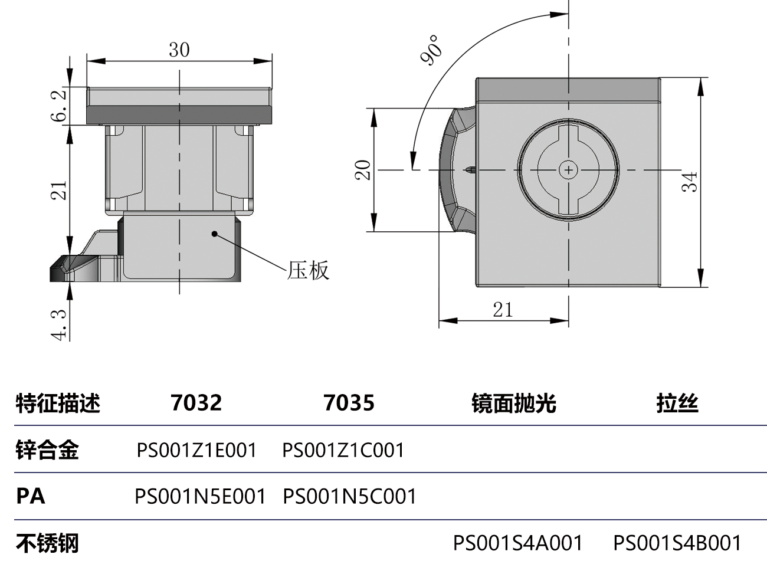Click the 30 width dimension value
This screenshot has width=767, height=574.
pos(179,50)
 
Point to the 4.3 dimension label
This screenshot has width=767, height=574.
pos(60,324)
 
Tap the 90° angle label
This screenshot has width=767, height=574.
pos(431,50)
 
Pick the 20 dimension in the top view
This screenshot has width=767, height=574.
pos(362,170)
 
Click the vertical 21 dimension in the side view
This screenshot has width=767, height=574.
pos(60,191)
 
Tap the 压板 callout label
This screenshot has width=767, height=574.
pos(308,270)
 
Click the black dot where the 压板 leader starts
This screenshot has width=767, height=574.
pos(215,234)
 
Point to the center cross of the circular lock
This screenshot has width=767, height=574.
pos(568,170)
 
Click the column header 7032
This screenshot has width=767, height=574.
pos(196,403)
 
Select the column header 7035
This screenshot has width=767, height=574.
pos(349,403)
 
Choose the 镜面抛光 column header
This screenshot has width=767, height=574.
pos(513,404)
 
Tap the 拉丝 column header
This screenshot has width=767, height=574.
pos(677,404)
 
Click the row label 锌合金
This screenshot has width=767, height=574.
pos(47,450)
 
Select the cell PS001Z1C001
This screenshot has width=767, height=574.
pos(343,450)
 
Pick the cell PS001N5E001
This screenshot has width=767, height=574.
pos(200,496)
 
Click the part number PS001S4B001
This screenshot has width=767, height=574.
pos(677,543)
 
